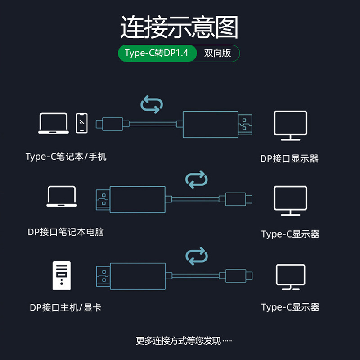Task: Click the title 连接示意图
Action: (x=179, y=27)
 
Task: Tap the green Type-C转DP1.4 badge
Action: (x=157, y=53)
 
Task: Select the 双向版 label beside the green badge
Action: (x=217, y=53)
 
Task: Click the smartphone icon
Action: (x=81, y=123)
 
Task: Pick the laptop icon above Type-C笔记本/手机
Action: (x=54, y=123)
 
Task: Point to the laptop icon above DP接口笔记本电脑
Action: (x=62, y=197)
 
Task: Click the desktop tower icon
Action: (x=62, y=275)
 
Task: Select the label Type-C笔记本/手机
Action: (x=66, y=157)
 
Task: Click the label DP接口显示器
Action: (x=289, y=158)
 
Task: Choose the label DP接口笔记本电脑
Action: (x=66, y=232)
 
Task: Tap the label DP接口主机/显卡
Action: (x=65, y=307)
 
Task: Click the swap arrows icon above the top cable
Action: (x=151, y=104)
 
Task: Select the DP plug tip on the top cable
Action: (x=245, y=124)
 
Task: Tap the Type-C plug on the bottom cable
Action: (x=235, y=275)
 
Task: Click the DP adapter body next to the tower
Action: (x=137, y=275)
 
